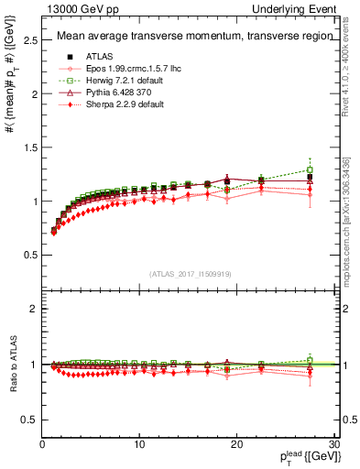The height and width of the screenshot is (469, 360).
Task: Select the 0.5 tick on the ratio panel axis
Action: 29,420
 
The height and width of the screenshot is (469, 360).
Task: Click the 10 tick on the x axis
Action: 139,444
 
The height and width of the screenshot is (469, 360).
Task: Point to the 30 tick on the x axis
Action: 334,444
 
